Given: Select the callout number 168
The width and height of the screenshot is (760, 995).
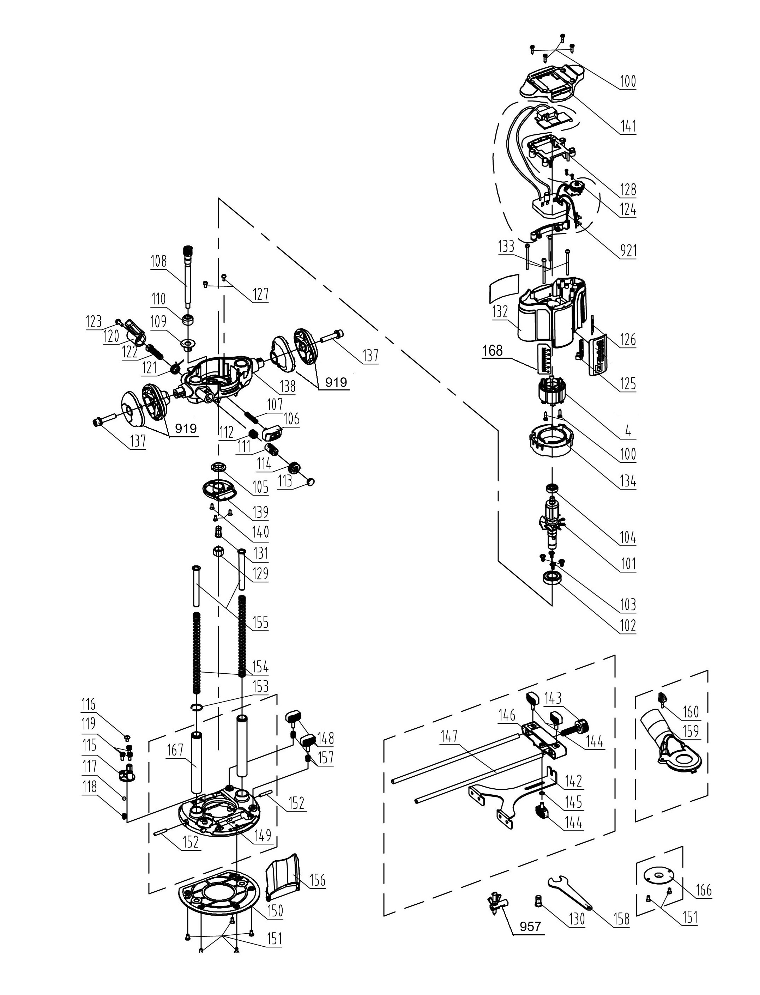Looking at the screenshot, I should tap(492, 351).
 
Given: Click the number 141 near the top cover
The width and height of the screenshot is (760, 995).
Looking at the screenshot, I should tap(628, 126).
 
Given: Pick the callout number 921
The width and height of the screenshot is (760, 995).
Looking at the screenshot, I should tap(628, 250).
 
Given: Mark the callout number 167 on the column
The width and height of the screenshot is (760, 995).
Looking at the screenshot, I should tap(175, 750).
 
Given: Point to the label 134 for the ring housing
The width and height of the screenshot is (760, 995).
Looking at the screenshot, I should tap(628, 481).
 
